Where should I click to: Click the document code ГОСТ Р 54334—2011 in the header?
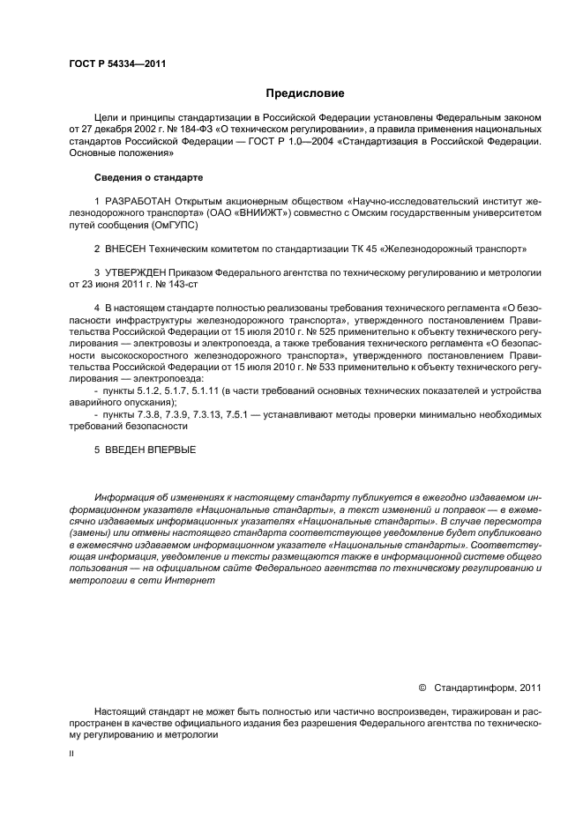[x=117, y=63]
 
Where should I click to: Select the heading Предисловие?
[x=305, y=93]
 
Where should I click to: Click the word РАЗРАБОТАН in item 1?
[x=138, y=202]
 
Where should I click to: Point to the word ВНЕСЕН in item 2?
[x=128, y=249]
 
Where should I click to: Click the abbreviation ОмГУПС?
[x=150, y=225]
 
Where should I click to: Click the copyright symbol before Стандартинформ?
[x=421, y=688]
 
